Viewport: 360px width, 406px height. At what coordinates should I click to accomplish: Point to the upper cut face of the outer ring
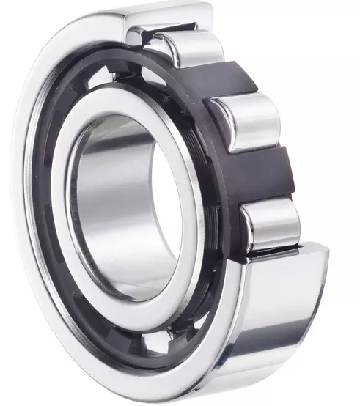(165, 29)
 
